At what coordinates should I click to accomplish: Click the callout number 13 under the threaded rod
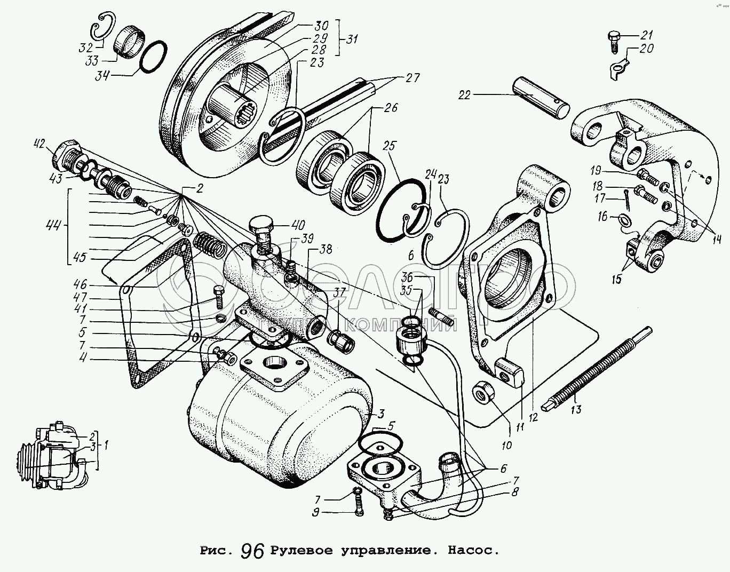[x=576, y=410]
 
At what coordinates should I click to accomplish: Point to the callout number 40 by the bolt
[x=297, y=224]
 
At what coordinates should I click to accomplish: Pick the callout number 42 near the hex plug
[x=38, y=144]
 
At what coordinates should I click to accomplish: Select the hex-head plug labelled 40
[x=261, y=230]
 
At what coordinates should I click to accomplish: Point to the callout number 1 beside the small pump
[x=106, y=444]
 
